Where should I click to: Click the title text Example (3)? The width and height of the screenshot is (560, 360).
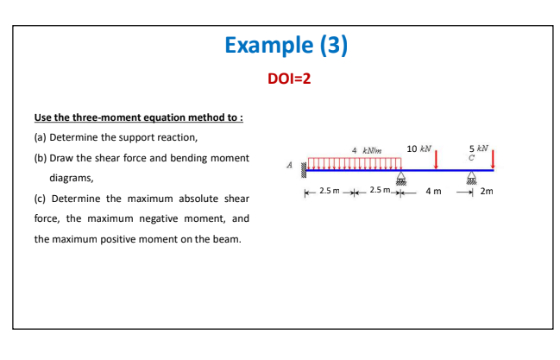click(286, 46)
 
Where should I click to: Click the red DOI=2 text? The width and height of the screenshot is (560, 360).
click(288, 79)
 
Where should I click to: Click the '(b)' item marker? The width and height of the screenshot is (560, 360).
click(41, 159)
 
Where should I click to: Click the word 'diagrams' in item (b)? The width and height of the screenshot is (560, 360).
click(72, 179)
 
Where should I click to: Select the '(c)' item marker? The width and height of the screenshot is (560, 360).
click(41, 199)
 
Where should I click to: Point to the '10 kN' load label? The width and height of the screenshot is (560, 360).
click(419, 148)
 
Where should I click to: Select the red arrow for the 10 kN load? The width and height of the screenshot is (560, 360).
click(437, 159)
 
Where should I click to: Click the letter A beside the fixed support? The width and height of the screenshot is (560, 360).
click(289, 167)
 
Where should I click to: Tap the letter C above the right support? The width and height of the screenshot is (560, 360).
click(471, 156)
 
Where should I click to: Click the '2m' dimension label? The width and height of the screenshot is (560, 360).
click(488, 191)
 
